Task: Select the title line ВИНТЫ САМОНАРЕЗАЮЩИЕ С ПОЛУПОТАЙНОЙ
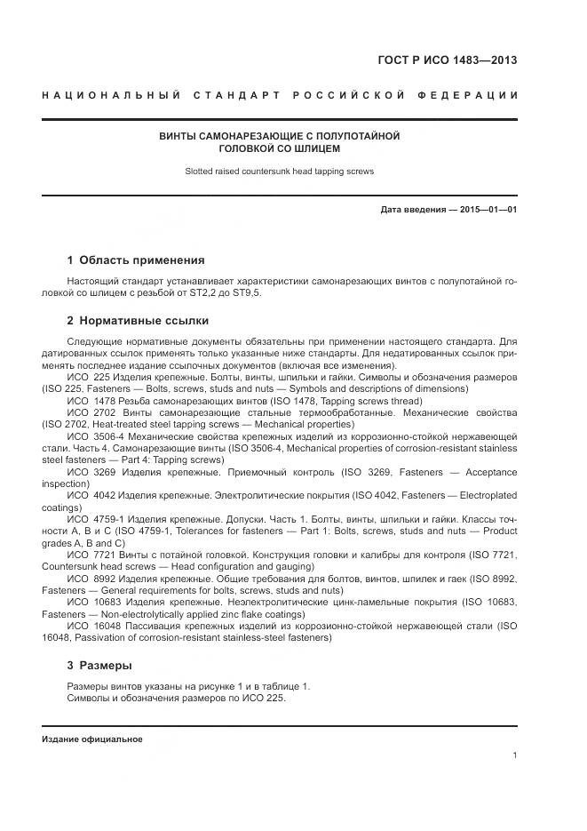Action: click(280, 136)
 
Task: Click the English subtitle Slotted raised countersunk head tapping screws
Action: click(280, 172)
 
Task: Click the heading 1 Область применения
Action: click(136, 260)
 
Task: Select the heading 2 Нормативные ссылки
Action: click(138, 320)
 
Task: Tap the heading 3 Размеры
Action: click(99, 664)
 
